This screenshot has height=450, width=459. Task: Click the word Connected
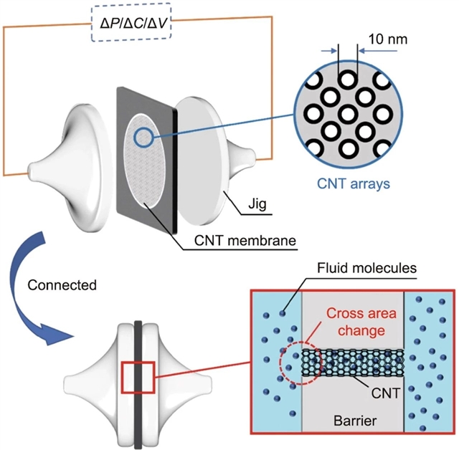62,284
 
